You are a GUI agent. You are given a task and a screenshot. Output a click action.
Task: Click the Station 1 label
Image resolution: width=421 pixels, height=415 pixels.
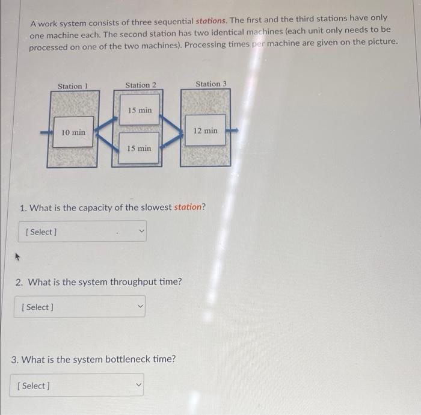pos(73,86)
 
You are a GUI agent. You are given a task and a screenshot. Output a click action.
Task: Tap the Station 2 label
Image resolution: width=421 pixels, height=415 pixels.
pos(141,85)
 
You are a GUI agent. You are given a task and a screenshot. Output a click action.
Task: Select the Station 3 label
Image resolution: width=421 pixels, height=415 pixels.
pos(211,84)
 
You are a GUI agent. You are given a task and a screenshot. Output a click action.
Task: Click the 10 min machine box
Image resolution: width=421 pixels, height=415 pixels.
pos(73,132)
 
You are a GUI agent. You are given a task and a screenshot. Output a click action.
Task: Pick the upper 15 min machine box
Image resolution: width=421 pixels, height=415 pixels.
pos(140,110)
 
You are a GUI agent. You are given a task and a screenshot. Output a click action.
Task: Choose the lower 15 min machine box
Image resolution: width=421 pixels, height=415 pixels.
pos(139,148)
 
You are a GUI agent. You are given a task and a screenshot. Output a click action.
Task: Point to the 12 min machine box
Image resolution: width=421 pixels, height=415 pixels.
pos(206,130)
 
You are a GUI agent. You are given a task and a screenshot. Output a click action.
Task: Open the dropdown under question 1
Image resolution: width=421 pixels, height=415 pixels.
pos(82,232)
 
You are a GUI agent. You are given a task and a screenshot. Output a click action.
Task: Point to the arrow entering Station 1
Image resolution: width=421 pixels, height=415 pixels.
pos(44,132)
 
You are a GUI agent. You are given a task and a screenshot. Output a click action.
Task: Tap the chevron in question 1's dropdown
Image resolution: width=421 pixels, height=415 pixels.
pos(142,230)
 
